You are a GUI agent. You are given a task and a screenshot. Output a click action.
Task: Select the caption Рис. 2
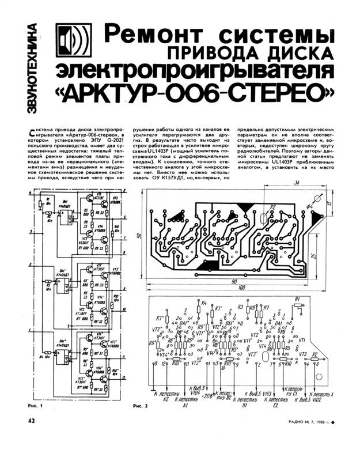pos(141,406)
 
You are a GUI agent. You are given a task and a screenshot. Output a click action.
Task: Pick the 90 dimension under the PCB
pos(233,281)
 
